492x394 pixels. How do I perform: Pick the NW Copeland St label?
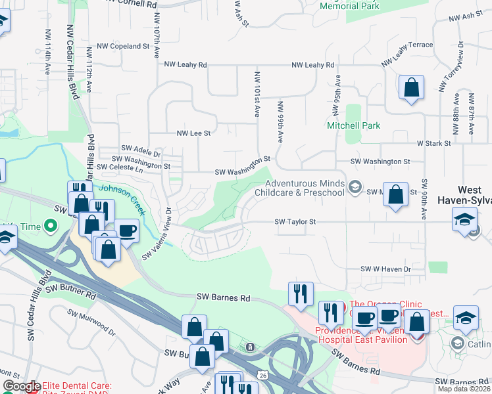123,47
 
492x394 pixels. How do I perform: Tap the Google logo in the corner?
21,386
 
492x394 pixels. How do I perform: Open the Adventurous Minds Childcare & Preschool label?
305,188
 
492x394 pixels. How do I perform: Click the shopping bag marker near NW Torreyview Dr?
411,87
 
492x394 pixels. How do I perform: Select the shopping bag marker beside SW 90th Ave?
395,195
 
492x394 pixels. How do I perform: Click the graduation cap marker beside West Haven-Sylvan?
465,219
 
